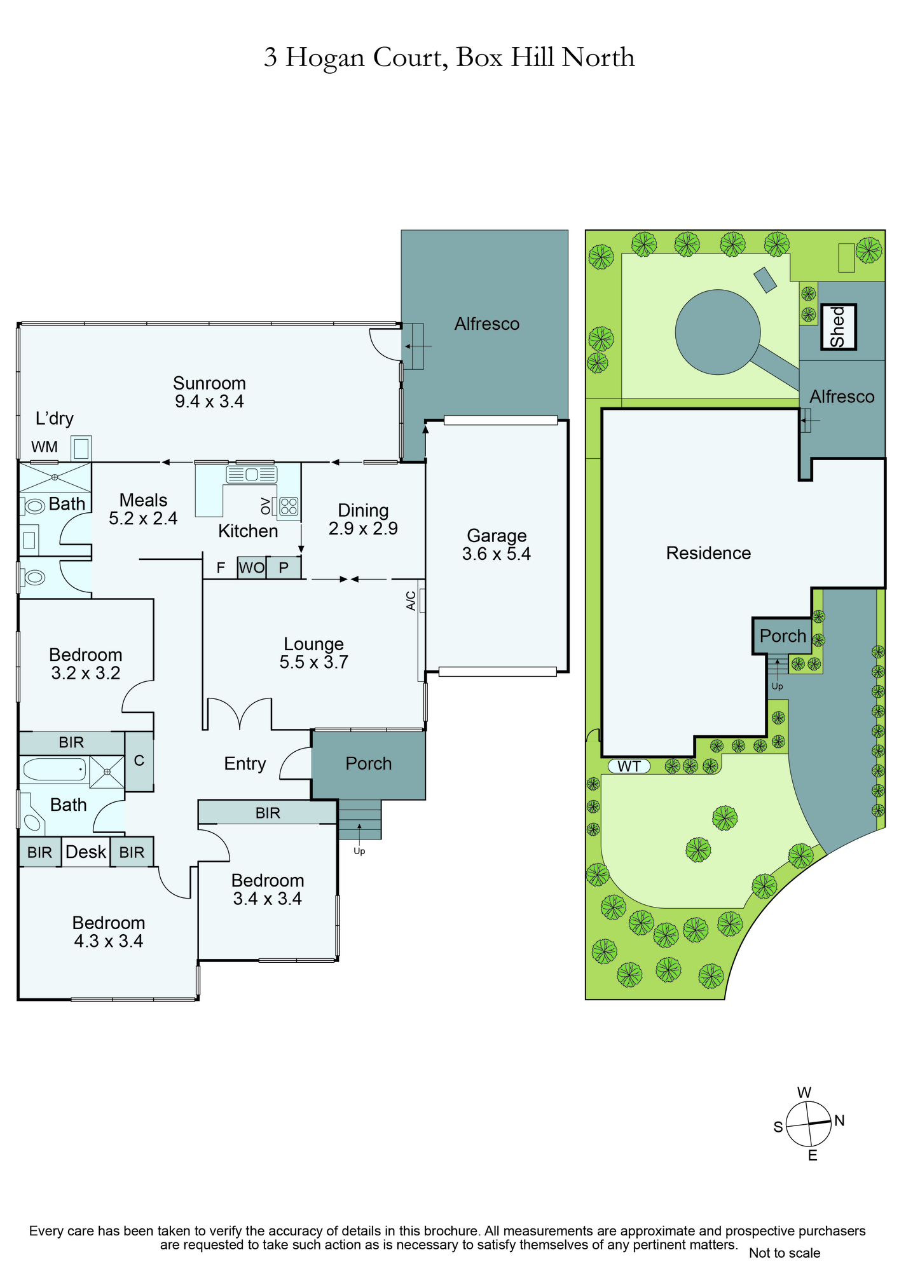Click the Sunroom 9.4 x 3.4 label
pos(209,392)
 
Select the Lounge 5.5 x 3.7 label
pos(313,653)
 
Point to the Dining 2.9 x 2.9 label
pos(363,519)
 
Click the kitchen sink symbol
pos(252,474)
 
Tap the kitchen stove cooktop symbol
pos(289,506)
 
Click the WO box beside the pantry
pos(252,568)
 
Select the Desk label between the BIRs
pos(86,852)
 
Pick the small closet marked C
pos(139,761)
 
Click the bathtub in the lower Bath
pos(54,770)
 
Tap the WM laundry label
pos(45,447)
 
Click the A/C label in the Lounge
pos(411,601)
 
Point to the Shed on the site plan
pos(839,327)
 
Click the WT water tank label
pos(629,766)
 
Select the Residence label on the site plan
pos(708,553)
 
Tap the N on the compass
pos(839,1120)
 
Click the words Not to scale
pos(785,1253)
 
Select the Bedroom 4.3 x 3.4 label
pos(109,932)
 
